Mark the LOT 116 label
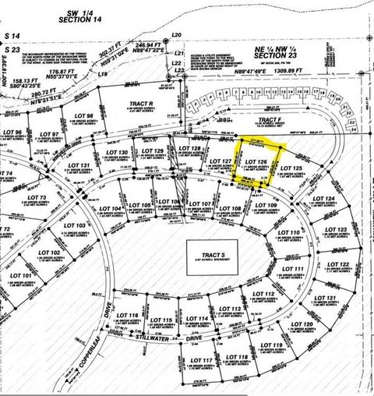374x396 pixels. pos(127,316)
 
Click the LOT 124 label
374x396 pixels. pos(323,200)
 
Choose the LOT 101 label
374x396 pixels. pos(22,276)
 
